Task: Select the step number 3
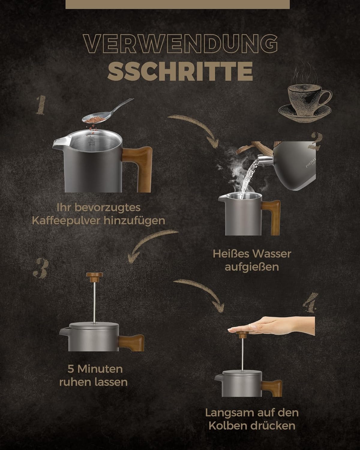click(41, 268)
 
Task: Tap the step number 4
click(310, 302)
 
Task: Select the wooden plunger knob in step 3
click(94, 277)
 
